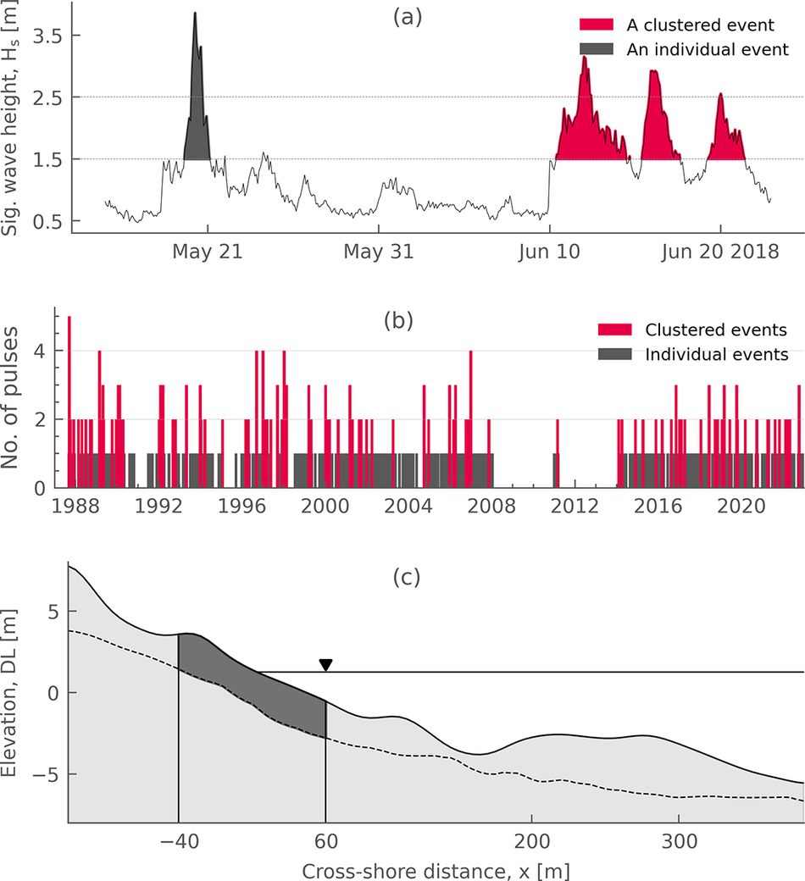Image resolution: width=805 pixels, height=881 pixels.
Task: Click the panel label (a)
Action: coord(408,18)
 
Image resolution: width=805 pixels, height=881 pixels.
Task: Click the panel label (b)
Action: coord(398,320)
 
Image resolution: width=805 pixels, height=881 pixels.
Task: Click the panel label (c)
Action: coord(407,577)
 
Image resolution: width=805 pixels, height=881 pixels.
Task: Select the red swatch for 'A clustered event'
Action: coord(597,25)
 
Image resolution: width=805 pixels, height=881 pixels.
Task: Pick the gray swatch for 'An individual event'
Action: coord(597,49)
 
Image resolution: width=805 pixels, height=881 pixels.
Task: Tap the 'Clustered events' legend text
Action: coord(716,330)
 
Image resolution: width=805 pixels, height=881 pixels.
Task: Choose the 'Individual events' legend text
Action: coord(717,355)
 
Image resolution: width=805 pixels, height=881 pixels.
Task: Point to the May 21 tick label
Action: coord(208,251)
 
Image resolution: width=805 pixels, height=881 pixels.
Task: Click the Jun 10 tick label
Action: coord(549,251)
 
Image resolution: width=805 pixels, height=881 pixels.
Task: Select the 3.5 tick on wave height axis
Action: coord(47,36)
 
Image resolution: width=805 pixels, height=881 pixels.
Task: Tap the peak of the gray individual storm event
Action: coord(195,13)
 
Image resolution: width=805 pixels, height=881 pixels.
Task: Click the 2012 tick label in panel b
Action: coord(575,506)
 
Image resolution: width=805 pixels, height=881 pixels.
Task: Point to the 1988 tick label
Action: coord(75,506)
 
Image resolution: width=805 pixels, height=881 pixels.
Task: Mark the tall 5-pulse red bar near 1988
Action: coord(69,402)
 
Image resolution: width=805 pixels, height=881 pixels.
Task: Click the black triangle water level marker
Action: coord(325,665)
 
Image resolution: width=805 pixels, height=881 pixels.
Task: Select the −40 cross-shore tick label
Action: coord(180,841)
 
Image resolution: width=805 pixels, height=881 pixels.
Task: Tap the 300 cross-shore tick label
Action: coord(679,841)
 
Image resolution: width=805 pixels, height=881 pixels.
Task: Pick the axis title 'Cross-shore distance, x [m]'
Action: coord(436,871)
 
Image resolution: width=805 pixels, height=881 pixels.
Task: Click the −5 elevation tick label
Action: coord(46,775)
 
